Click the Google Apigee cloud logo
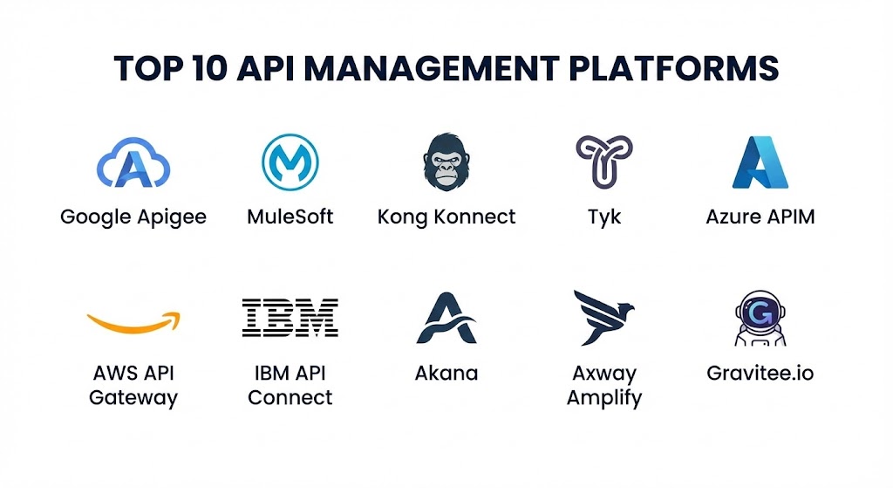click(133, 163)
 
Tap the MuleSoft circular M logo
click(290, 162)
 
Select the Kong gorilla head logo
click(446, 162)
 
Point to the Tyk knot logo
click(604, 162)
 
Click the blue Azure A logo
click(760, 162)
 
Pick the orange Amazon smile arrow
click(133, 321)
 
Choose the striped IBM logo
click(290, 318)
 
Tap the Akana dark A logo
click(446, 318)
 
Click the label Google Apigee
click(133, 217)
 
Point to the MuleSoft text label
click(290, 216)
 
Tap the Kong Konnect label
click(446, 216)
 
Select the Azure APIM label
click(760, 216)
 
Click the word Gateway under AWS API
click(133, 398)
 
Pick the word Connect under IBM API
click(290, 397)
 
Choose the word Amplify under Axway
click(604, 398)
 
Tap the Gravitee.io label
click(760, 374)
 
